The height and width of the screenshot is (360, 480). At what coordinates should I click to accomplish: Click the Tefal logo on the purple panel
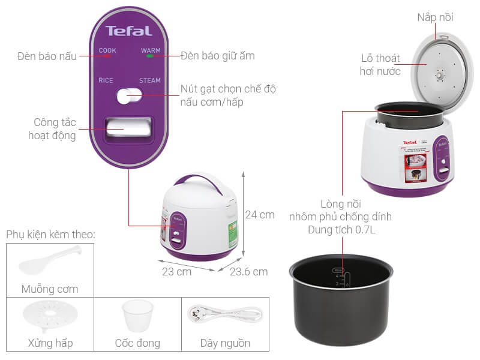click(129, 31)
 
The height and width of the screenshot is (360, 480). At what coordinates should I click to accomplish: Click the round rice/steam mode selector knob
click(129, 95)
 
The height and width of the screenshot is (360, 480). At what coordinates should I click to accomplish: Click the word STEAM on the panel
click(150, 80)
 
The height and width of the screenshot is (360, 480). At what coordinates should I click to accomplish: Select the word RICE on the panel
click(106, 80)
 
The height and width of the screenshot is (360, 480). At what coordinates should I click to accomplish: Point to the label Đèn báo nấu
click(47, 56)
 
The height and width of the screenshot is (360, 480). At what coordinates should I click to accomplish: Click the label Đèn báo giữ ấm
click(218, 56)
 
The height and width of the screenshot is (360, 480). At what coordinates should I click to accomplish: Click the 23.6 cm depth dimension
click(248, 272)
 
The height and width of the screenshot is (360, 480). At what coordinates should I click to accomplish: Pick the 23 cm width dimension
click(176, 272)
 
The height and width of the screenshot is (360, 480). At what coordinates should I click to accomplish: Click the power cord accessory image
click(225, 314)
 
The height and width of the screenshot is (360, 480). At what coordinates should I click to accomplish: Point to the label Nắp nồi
click(435, 17)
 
